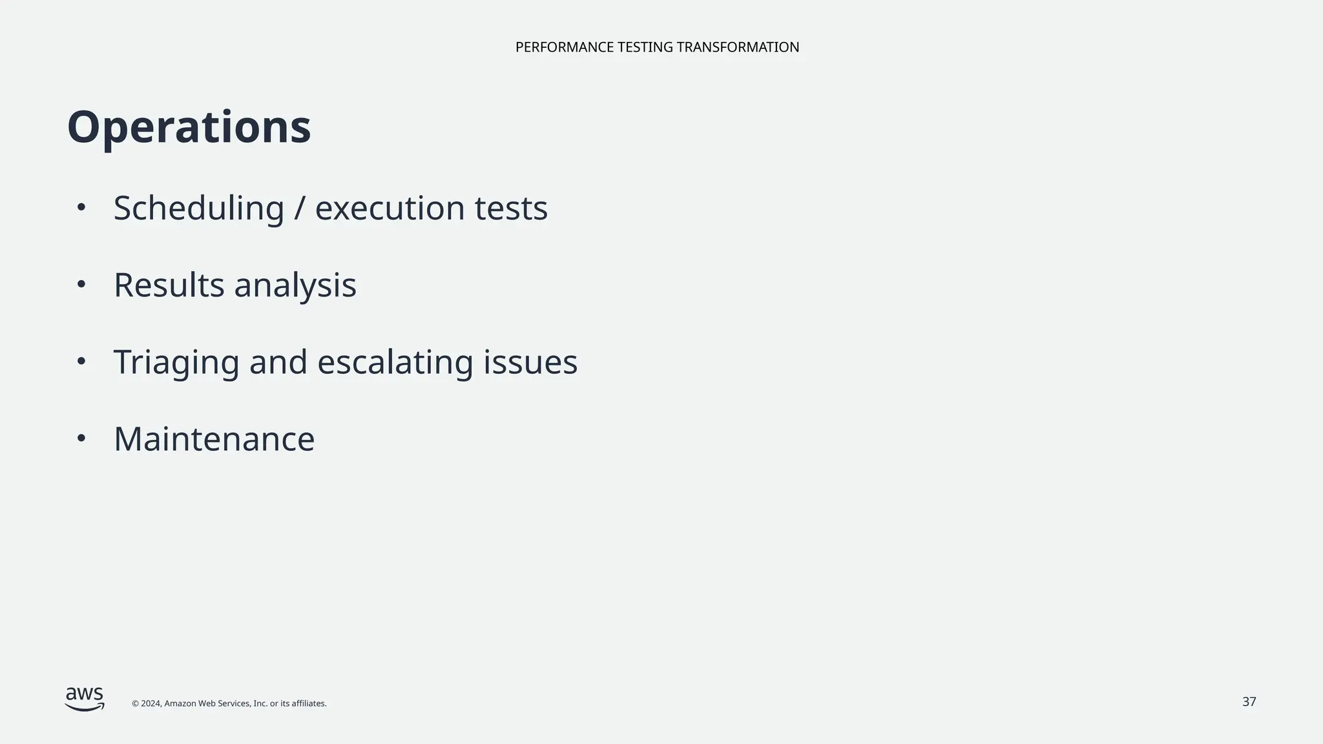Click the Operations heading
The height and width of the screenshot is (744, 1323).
[x=189, y=128]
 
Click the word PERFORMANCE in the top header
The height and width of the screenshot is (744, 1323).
[x=564, y=47]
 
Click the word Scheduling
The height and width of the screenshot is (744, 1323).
[x=198, y=209]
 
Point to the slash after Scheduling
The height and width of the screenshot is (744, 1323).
[x=299, y=209]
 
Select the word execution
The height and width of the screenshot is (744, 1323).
[x=390, y=209]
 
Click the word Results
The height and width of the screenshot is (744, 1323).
[x=169, y=285]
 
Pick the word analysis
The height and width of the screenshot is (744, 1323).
[x=295, y=286]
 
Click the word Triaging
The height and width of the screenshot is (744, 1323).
[x=176, y=362]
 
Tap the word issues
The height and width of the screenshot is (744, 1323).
[x=530, y=362]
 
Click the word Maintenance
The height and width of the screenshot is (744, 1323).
[x=214, y=439]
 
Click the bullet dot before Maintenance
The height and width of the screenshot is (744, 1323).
[x=81, y=439]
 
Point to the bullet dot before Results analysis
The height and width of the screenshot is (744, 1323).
[x=81, y=284]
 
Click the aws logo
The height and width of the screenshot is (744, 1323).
[x=85, y=699]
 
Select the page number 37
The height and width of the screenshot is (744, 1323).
[x=1249, y=702]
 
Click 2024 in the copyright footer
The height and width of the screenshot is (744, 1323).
[x=151, y=703]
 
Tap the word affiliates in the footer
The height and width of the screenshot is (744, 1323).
[x=309, y=703]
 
